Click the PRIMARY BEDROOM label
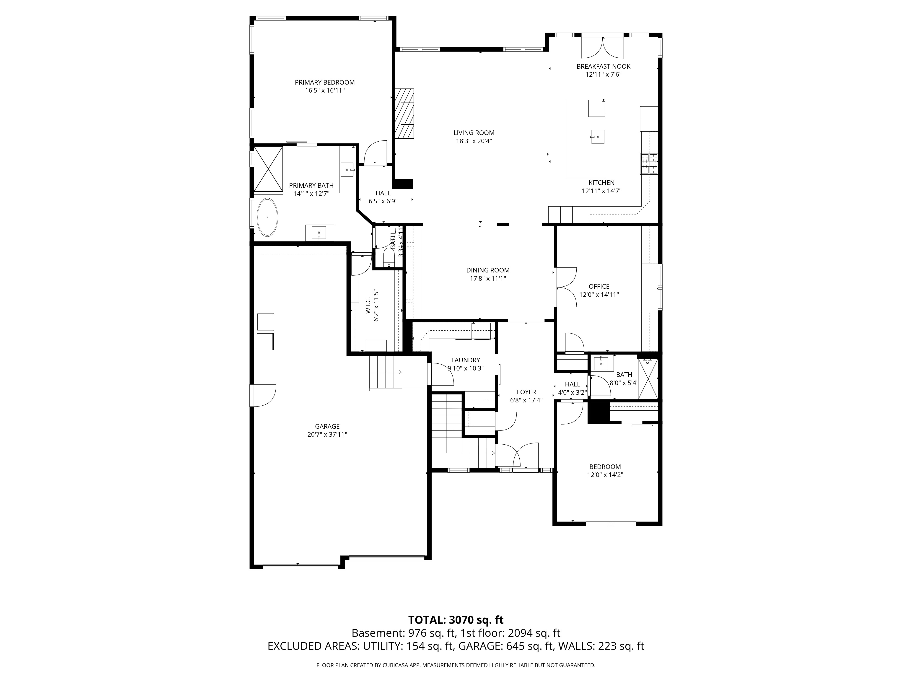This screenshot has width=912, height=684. (324, 83)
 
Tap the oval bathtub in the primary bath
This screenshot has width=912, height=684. (267, 218)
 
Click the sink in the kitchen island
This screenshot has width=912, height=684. (597, 137)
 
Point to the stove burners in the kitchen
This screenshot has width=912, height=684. (649, 164)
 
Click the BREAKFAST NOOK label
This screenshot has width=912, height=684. (603, 66)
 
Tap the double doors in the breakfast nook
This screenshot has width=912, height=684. (603, 48)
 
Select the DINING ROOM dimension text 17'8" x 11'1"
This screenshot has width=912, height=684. (488, 278)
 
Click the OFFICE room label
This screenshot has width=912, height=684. (599, 286)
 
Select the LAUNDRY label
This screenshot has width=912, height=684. (466, 360)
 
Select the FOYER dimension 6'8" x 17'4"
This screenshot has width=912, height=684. (526, 400)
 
